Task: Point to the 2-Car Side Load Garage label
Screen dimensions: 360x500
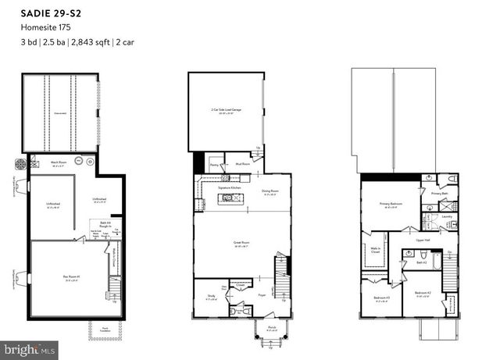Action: [227, 112]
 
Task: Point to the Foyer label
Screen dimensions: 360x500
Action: [262, 295]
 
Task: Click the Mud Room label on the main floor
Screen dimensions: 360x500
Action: [242, 165]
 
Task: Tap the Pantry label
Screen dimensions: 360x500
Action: [214, 165]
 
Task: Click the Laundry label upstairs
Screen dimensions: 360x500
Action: [447, 216]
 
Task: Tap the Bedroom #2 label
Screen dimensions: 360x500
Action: [421, 293]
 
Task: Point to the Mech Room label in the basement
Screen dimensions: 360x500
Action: [59, 162]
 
